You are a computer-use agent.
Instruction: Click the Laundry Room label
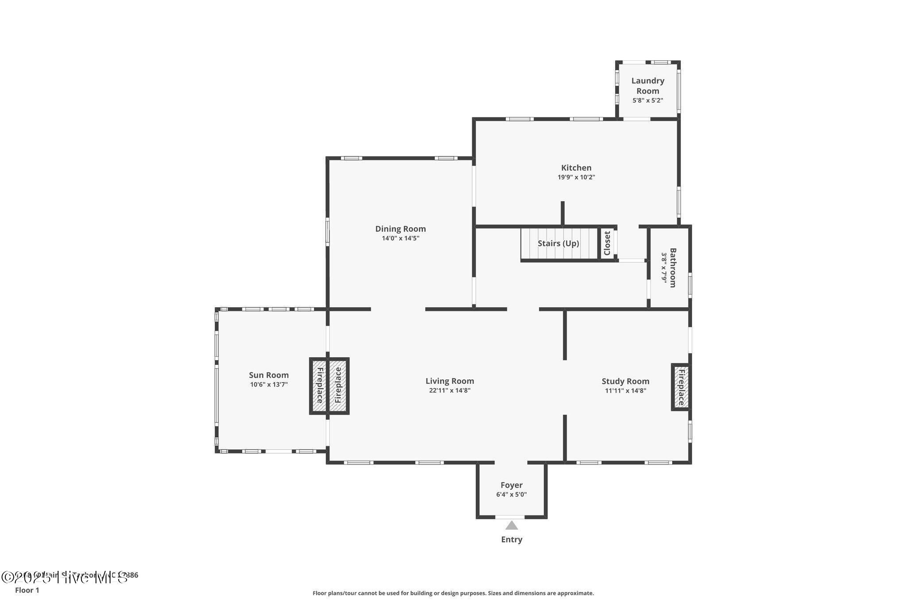tap(647, 86)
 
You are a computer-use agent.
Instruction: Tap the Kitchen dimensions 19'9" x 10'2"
tap(576, 177)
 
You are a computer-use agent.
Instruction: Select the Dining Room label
tap(400, 229)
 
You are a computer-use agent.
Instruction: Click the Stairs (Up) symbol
tap(558, 243)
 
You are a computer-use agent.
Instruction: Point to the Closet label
tap(607, 243)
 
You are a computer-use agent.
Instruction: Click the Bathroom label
tap(673, 267)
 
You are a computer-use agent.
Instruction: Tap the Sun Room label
tap(268, 375)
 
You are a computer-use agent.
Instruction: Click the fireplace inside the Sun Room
tap(319, 386)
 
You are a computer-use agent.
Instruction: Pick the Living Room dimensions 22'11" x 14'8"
tap(450, 390)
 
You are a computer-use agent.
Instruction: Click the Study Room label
tap(625, 381)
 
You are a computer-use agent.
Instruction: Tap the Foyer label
tap(512, 485)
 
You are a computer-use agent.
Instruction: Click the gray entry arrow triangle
tap(512, 526)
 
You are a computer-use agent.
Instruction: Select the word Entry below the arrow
tap(512, 539)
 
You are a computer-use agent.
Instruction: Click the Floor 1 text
tap(27, 590)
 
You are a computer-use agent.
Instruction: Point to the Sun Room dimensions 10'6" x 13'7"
tap(269, 384)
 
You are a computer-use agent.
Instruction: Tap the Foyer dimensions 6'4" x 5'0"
tap(512, 494)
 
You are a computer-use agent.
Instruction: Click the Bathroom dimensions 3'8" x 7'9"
tap(664, 267)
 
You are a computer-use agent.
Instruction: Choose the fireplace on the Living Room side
tap(338, 386)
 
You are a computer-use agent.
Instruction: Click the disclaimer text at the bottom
tap(453, 593)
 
